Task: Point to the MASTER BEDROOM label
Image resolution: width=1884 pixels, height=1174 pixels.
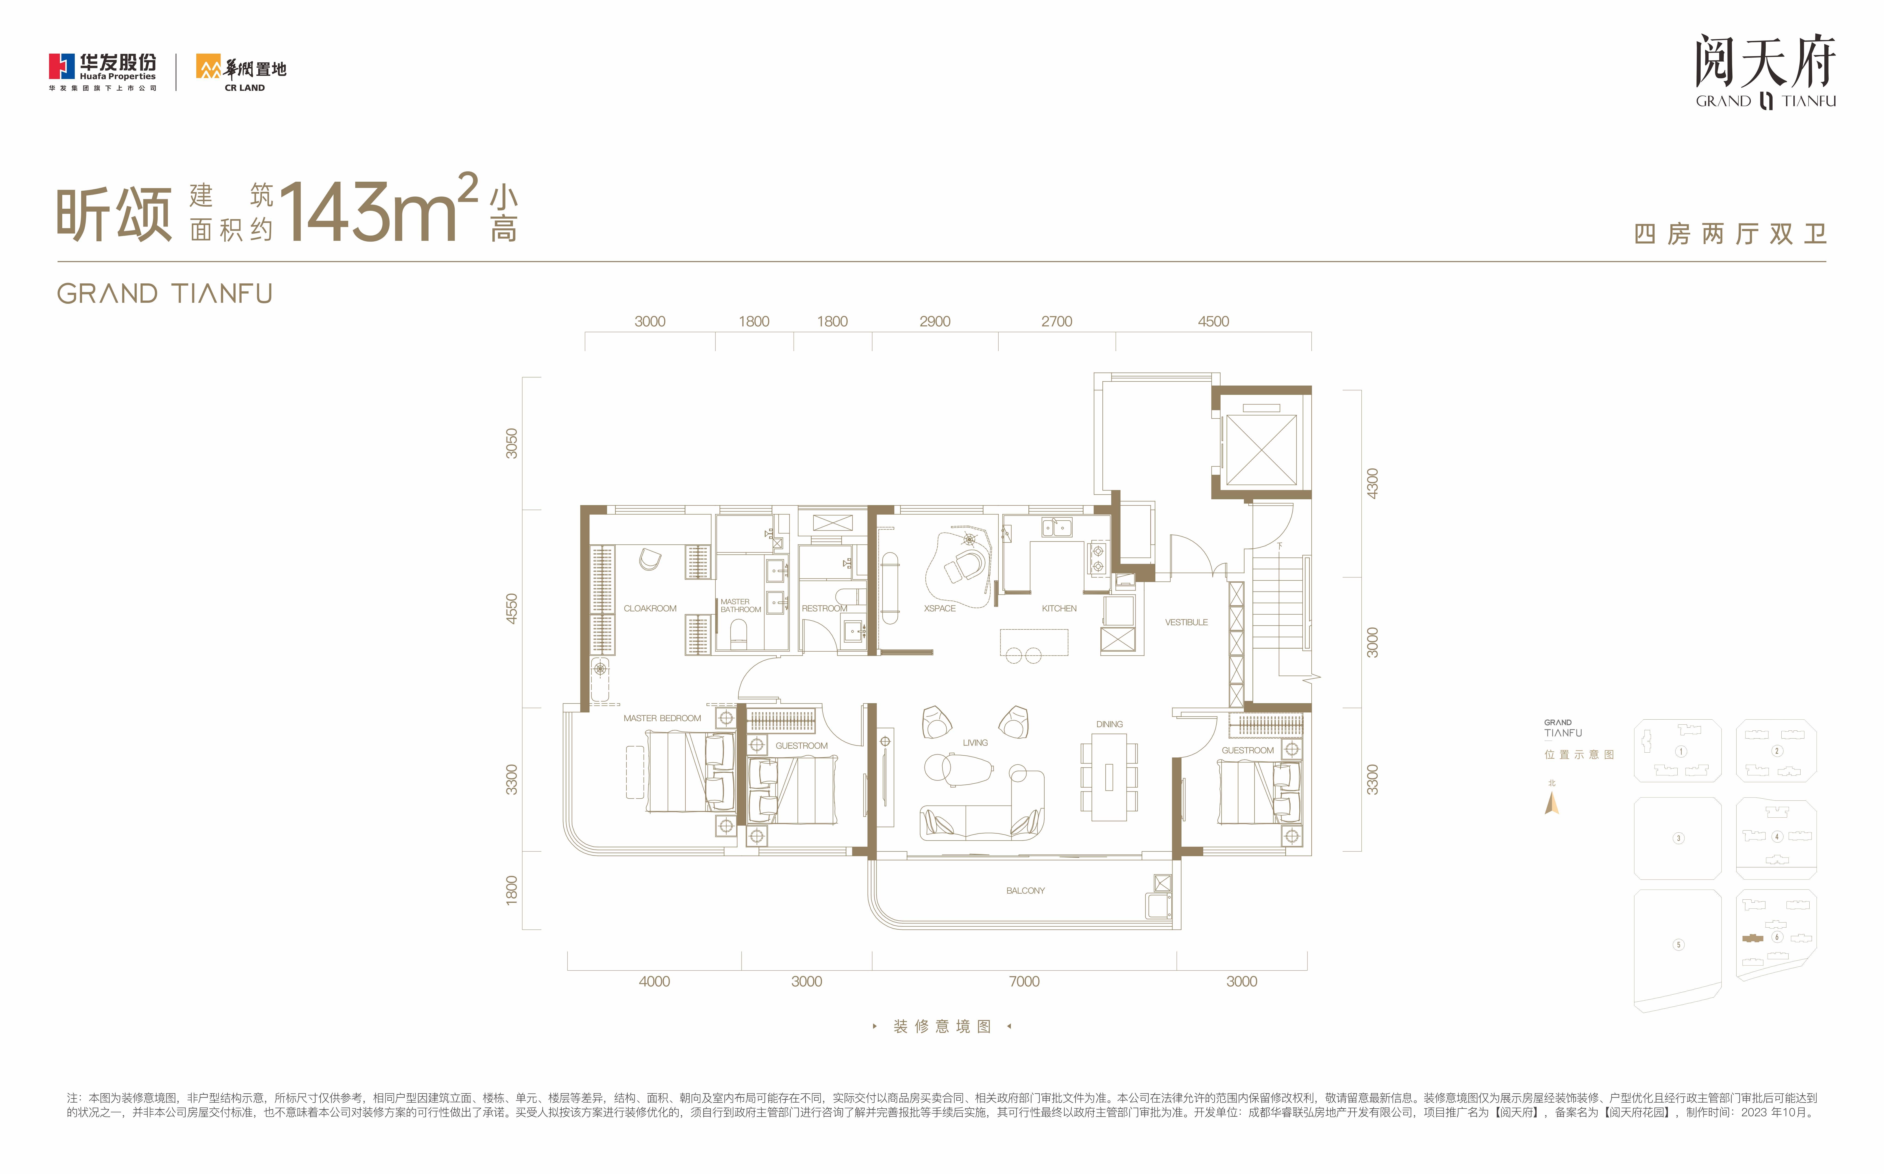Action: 662,718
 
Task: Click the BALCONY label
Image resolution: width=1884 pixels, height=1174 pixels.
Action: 1025,891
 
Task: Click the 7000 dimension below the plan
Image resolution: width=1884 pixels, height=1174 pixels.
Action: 1024,981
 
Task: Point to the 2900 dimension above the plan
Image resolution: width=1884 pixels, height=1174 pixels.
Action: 935,322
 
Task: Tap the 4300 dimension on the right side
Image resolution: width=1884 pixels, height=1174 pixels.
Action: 1372,484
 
